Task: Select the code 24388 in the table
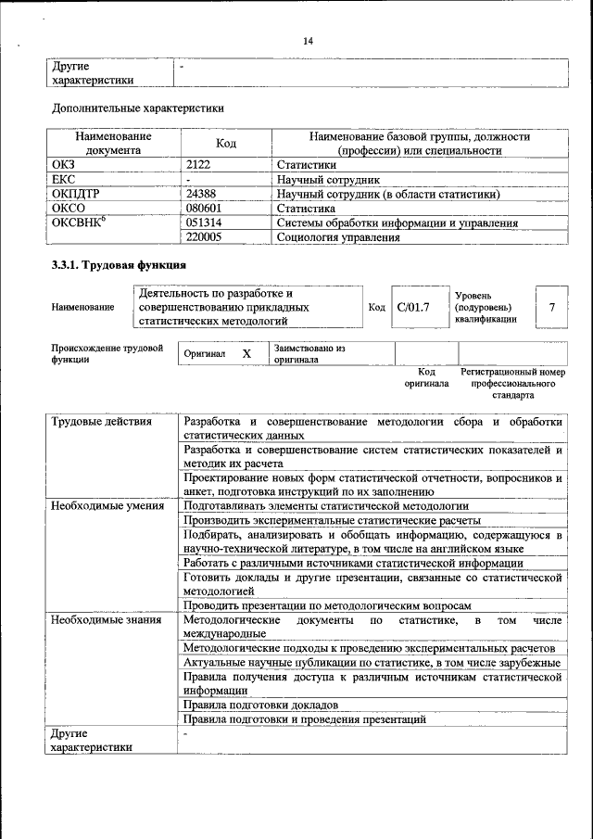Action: [x=202, y=195]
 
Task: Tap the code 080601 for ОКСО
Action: [x=204, y=209]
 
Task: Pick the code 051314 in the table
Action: [x=204, y=223]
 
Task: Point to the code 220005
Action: [x=204, y=237]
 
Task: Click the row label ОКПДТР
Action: [x=80, y=195]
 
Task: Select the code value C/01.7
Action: [x=412, y=307]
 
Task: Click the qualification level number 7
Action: [x=552, y=307]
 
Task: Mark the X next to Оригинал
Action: [x=246, y=354]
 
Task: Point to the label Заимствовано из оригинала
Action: [x=309, y=353]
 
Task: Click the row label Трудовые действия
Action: [x=102, y=423]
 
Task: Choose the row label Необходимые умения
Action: [x=107, y=506]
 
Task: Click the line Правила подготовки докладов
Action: [x=260, y=705]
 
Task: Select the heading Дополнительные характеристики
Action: [x=137, y=108]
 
